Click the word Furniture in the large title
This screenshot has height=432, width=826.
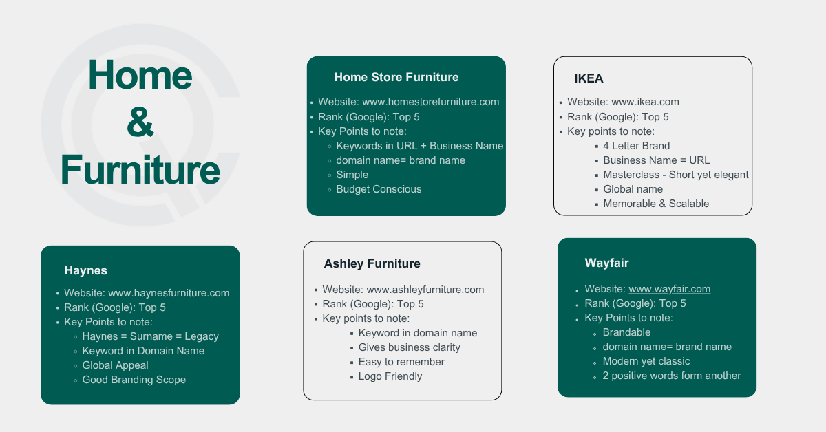click(140, 169)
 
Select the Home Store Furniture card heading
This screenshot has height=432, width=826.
click(396, 77)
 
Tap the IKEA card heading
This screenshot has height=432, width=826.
click(589, 78)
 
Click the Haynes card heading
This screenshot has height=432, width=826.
click(86, 270)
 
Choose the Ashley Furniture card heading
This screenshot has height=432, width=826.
click(372, 263)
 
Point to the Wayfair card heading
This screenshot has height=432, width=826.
click(606, 263)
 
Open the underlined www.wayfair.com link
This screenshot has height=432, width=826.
click(669, 289)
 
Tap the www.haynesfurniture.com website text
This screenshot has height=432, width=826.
click(169, 293)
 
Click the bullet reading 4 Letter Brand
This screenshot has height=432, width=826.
click(636, 146)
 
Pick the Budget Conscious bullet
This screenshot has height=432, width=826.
click(379, 189)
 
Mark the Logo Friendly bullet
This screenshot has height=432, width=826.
click(390, 376)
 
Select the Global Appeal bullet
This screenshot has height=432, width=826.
click(115, 365)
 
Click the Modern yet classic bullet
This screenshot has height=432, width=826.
click(646, 361)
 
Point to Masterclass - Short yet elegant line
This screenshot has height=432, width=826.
click(675, 175)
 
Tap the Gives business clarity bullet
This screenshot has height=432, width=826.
click(409, 347)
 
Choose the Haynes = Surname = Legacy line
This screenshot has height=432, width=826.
click(150, 336)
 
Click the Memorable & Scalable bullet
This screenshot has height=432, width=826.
click(656, 204)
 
